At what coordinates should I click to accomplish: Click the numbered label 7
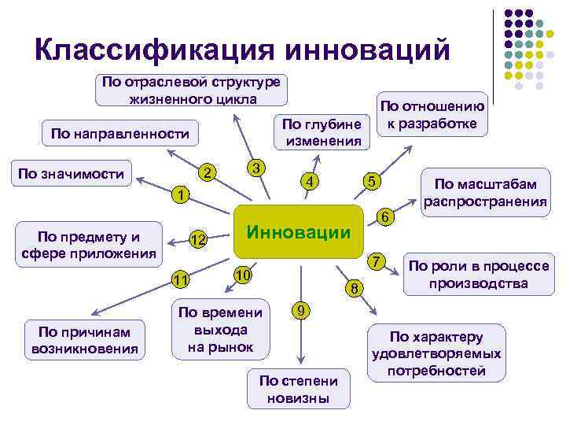click(x=377, y=260)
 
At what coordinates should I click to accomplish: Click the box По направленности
click(x=120, y=134)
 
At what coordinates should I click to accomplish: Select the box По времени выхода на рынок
click(x=221, y=328)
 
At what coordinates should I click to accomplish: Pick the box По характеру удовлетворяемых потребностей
click(x=437, y=353)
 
